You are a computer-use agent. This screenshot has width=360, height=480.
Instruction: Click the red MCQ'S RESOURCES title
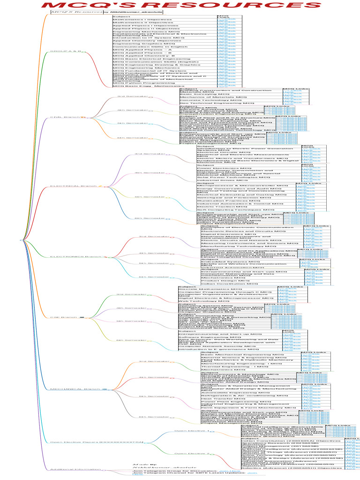click(x=180, y=5)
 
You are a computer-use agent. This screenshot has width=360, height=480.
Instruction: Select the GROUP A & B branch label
click(x=66, y=51)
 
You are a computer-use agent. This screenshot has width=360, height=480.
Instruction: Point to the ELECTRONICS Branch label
click(x=76, y=257)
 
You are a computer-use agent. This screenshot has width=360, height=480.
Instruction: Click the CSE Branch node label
click(x=64, y=317)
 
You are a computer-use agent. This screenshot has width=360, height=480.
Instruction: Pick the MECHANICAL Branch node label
click(x=75, y=389)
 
